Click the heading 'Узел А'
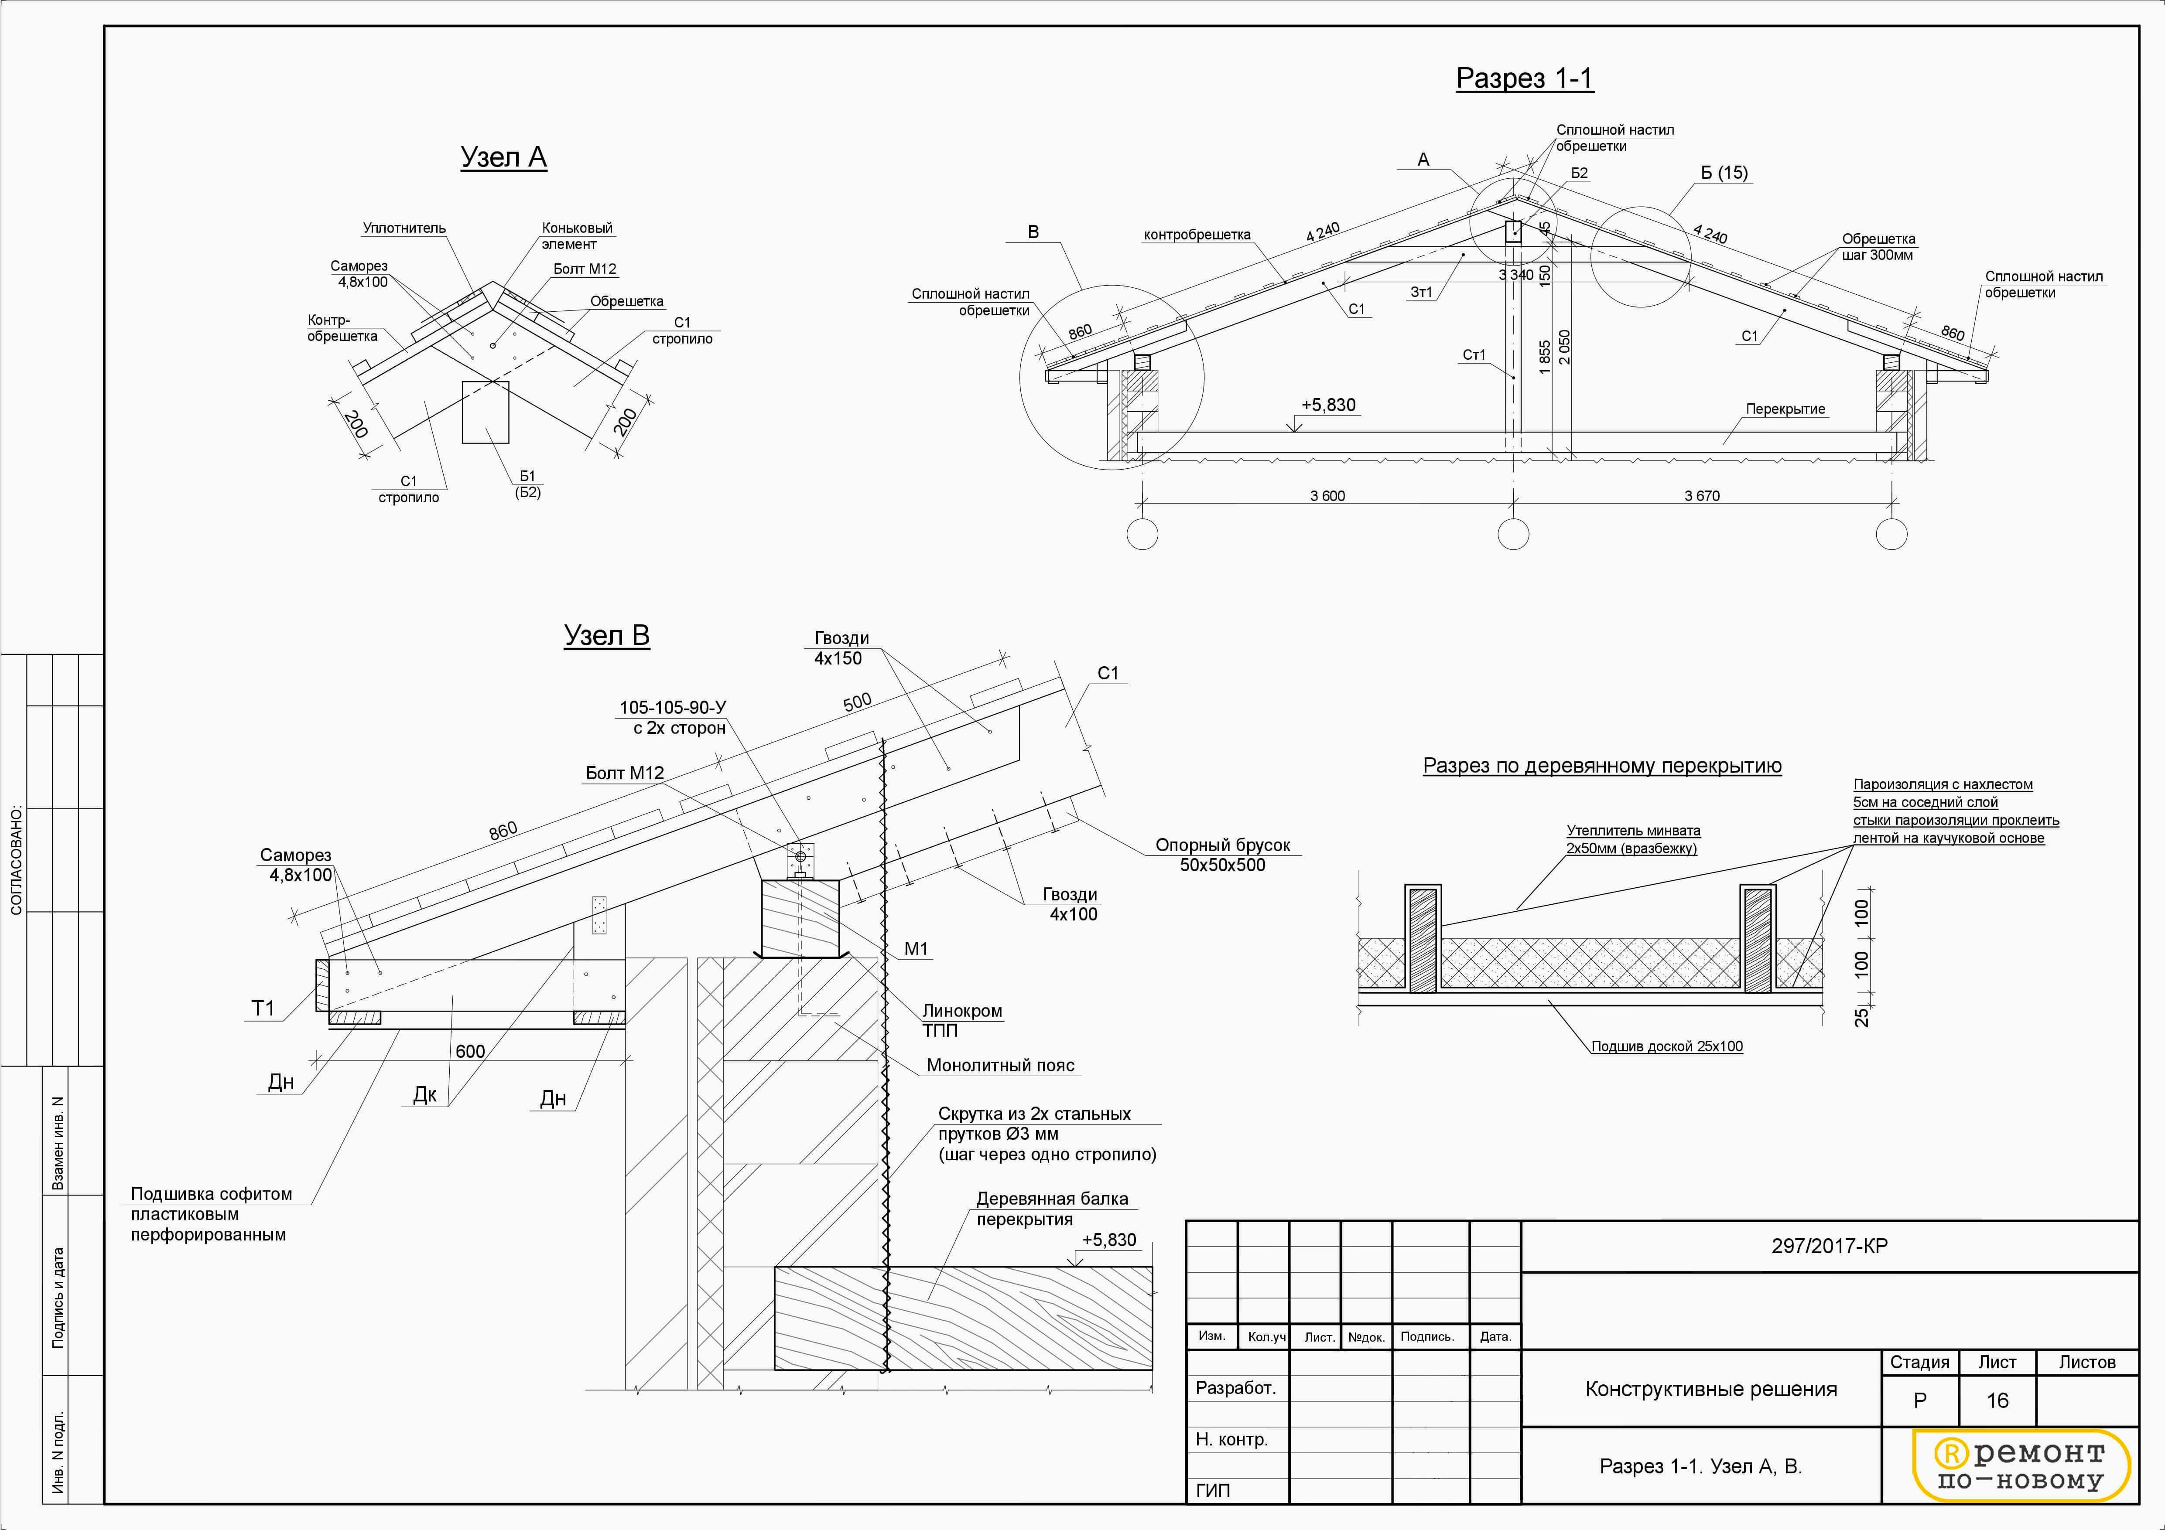coord(503,157)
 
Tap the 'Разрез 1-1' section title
coord(1524,78)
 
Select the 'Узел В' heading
coord(606,635)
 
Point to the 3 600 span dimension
coord(1327,496)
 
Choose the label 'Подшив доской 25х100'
coord(1666,1046)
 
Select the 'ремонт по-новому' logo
coord(2021,1466)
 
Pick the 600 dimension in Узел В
coord(469,1051)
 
